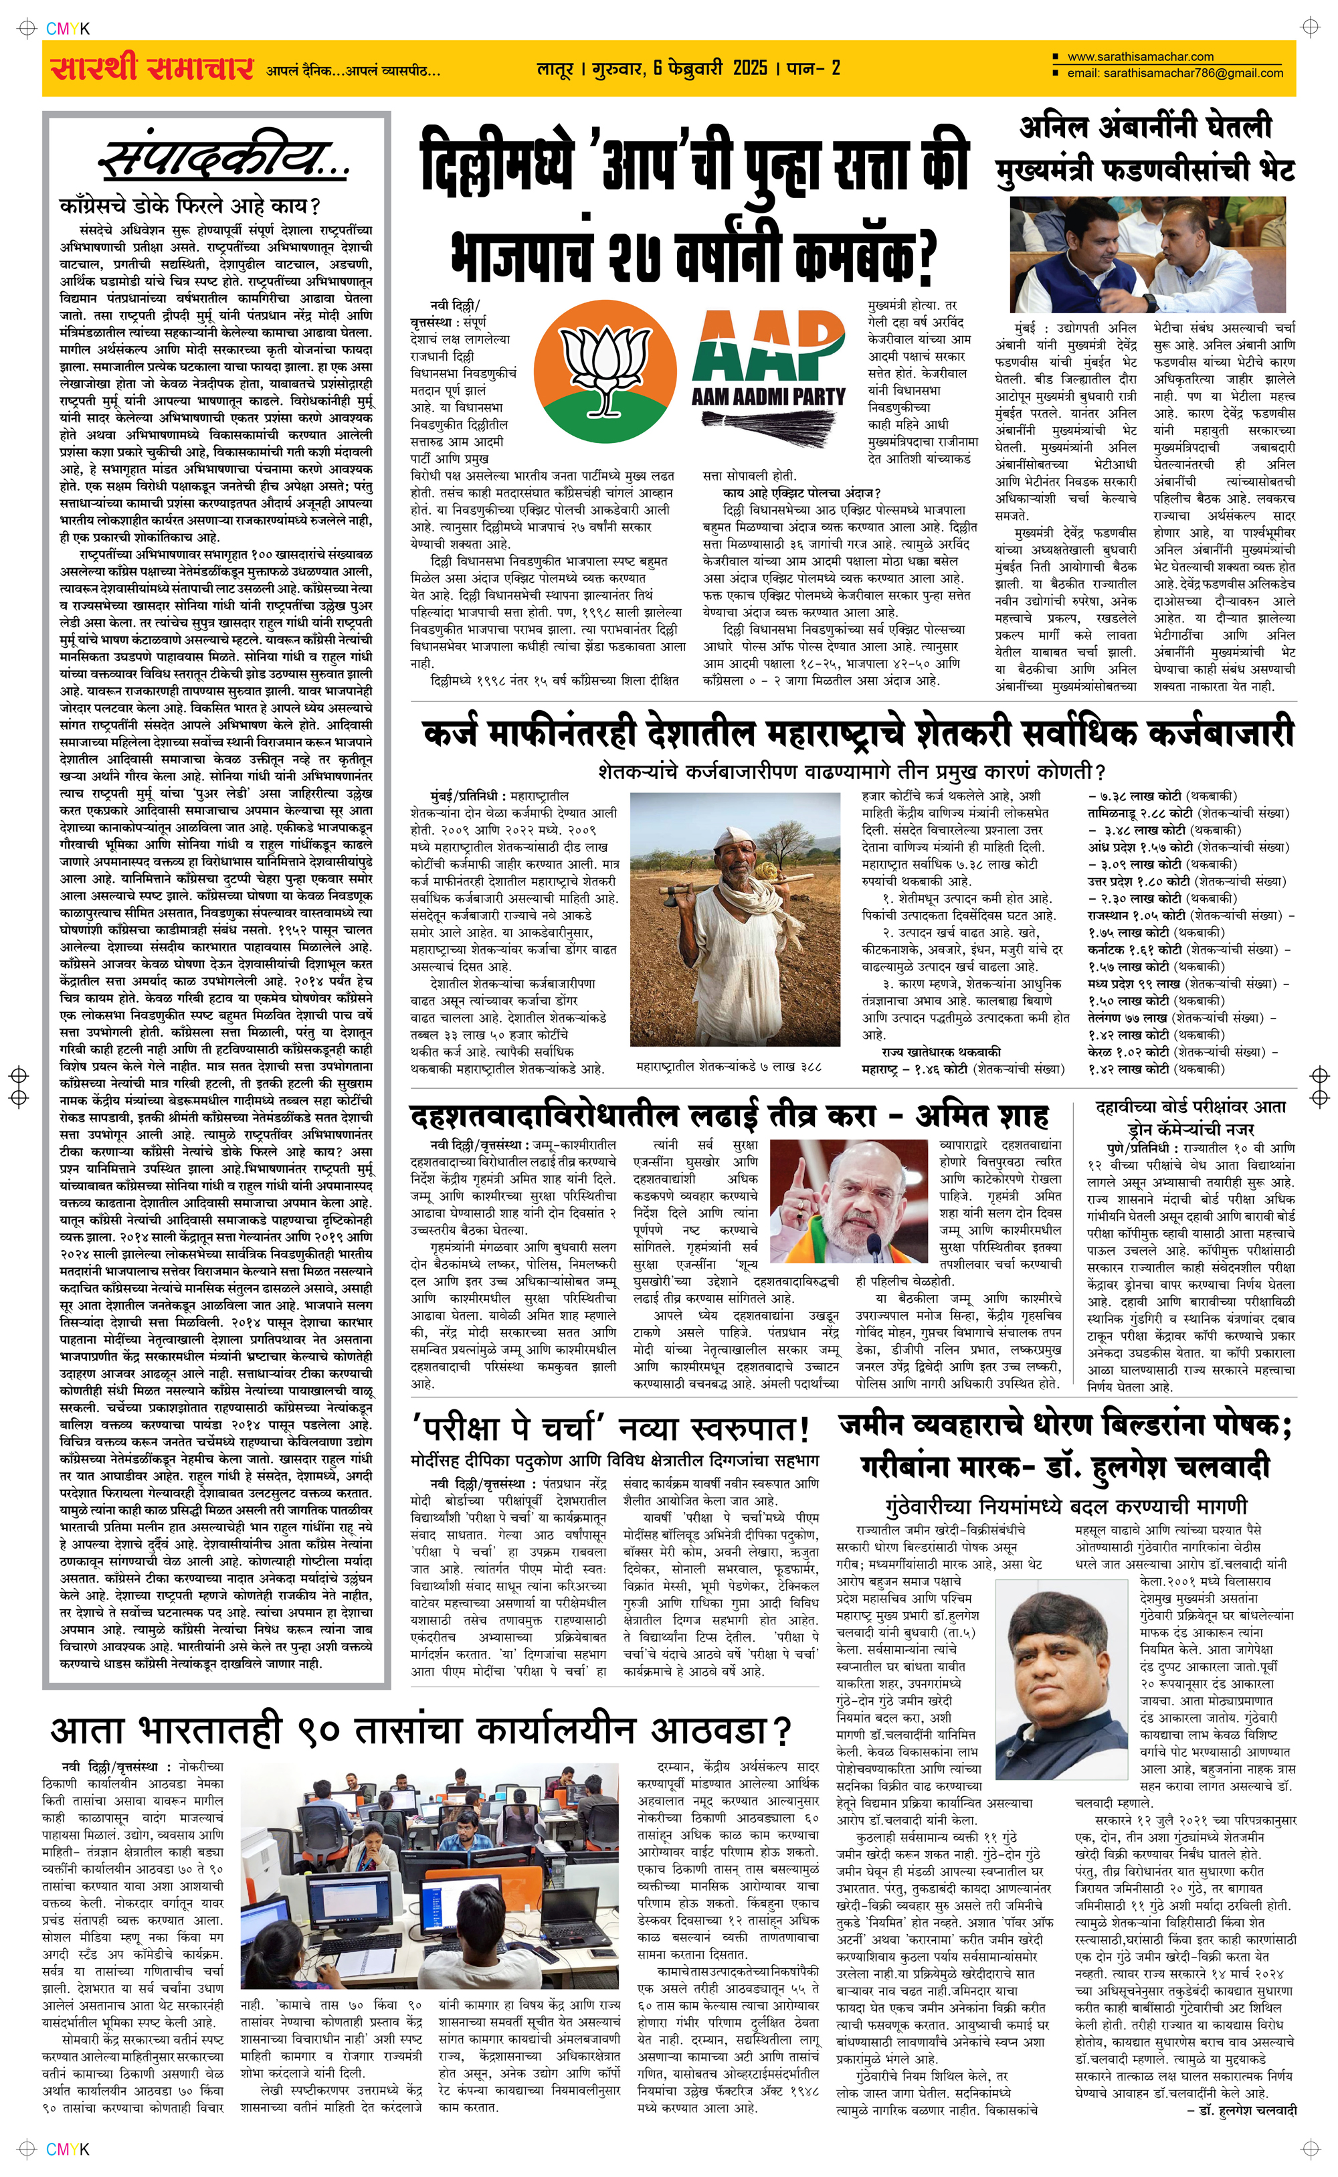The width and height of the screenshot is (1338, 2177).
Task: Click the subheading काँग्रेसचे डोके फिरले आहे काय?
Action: coord(189,206)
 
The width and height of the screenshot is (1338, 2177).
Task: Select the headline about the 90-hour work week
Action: coord(420,1729)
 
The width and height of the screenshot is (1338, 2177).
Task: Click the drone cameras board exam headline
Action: coord(1190,1118)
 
